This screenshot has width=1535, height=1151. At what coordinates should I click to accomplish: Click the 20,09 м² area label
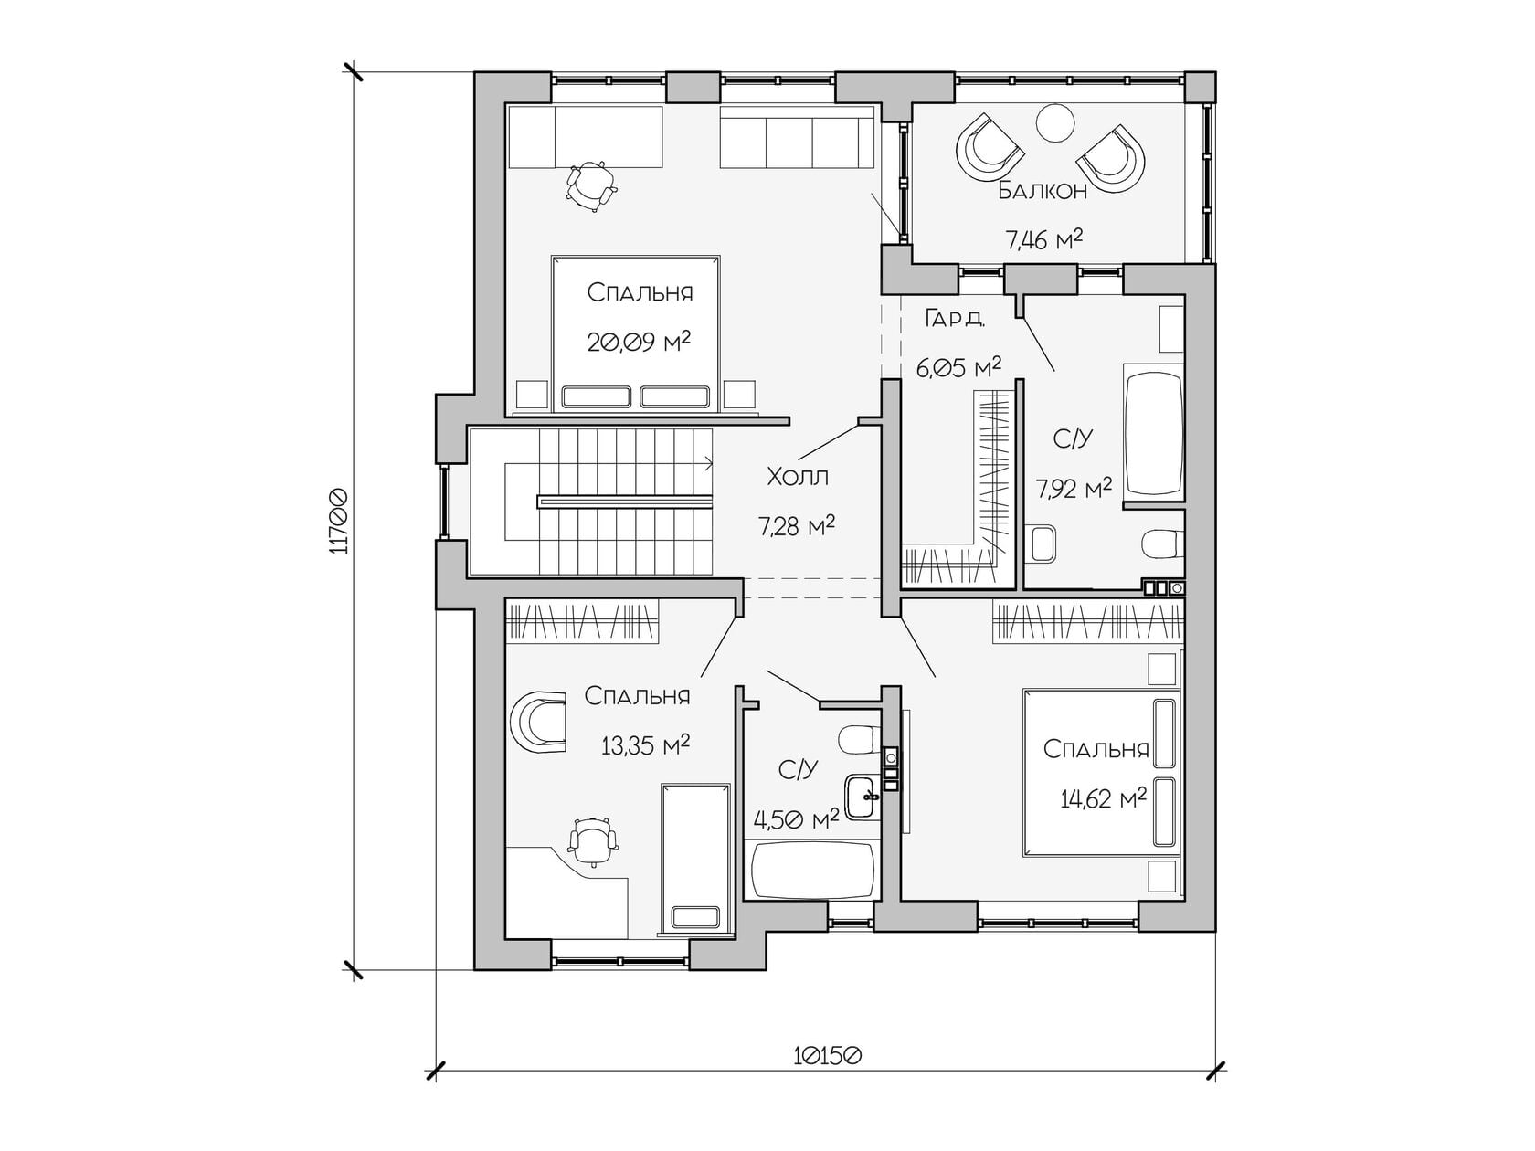click(639, 342)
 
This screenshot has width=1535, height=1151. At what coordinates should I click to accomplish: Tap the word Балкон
click(1042, 191)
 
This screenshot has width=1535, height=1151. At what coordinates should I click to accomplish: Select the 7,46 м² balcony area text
click(1044, 239)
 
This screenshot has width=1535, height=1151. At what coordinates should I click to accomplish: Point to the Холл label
click(798, 478)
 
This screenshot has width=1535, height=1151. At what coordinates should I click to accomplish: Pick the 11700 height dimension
click(338, 522)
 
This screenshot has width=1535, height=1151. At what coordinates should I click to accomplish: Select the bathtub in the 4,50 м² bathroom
click(812, 871)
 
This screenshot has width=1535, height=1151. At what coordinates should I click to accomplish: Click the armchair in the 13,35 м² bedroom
click(538, 722)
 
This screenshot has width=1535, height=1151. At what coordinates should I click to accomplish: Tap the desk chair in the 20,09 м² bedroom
click(592, 185)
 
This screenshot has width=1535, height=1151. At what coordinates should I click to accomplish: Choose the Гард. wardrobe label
click(956, 319)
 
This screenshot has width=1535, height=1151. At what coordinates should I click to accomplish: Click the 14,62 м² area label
click(1104, 798)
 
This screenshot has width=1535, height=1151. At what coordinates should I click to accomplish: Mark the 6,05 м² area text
click(958, 367)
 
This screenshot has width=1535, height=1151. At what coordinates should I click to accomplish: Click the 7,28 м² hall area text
click(797, 525)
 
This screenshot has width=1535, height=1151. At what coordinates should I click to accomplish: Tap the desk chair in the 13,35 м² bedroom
click(593, 842)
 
